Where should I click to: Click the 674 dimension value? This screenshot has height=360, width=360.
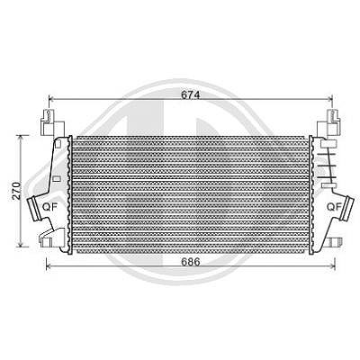point(190,94)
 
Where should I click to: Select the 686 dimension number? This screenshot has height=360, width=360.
point(191,262)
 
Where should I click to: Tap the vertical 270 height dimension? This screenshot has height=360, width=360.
point(17,191)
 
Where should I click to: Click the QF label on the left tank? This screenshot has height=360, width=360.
point(49,207)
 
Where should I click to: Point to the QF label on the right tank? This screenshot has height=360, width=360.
point(334,207)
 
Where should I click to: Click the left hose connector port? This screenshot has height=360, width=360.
point(34,209)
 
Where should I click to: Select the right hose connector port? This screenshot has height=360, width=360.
point(348,208)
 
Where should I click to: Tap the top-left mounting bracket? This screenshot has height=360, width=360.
point(52,122)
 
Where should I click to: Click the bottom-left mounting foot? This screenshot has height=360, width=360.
point(51,238)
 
